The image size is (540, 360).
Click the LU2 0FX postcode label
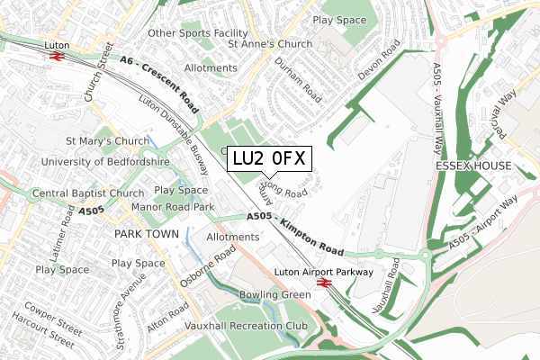269,159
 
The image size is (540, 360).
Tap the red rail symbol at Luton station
55,56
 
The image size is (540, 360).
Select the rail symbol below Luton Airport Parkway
325,284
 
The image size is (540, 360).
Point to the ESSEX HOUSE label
472,166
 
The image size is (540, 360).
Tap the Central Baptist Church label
88,193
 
